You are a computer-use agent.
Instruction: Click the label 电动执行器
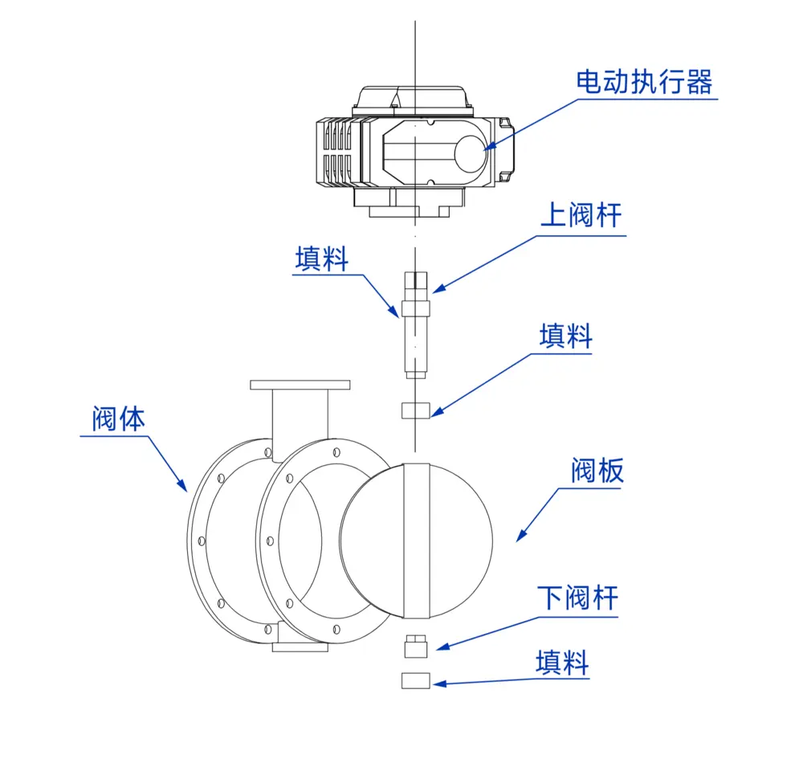tap(644, 82)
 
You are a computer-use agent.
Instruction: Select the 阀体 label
tap(118, 419)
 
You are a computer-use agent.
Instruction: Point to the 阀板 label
tap(597, 471)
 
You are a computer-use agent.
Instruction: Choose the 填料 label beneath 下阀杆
tap(562, 663)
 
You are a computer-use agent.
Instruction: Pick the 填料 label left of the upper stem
tap(321, 259)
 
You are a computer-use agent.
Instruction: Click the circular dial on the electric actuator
tap(471, 152)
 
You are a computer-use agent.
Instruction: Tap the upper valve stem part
tap(414, 325)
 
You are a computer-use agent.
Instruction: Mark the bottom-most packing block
tap(414, 681)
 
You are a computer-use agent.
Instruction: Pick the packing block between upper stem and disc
tap(414, 410)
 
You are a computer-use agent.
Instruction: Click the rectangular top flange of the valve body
tap(300, 385)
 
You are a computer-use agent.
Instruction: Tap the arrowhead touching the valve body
tap(183, 485)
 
